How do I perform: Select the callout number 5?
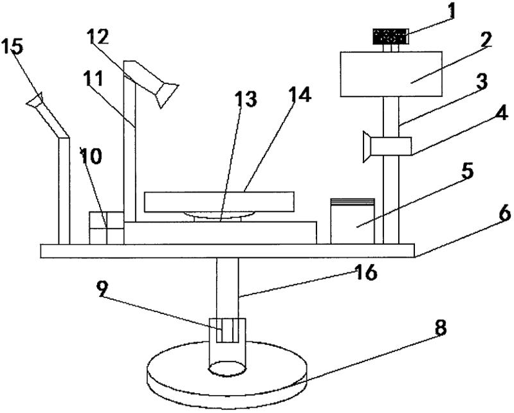click(466, 173)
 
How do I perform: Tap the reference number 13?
click(246, 100)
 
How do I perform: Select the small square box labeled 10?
click(106, 227)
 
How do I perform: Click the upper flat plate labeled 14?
click(219, 201)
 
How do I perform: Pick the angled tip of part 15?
click(35, 101)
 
